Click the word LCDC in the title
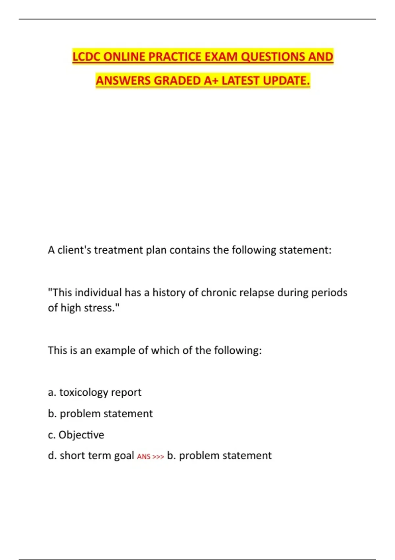pos(86,57)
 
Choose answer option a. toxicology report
pos(94,392)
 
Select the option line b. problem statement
pos(100,413)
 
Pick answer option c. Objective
pos(76,435)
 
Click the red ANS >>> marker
pos(150,457)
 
